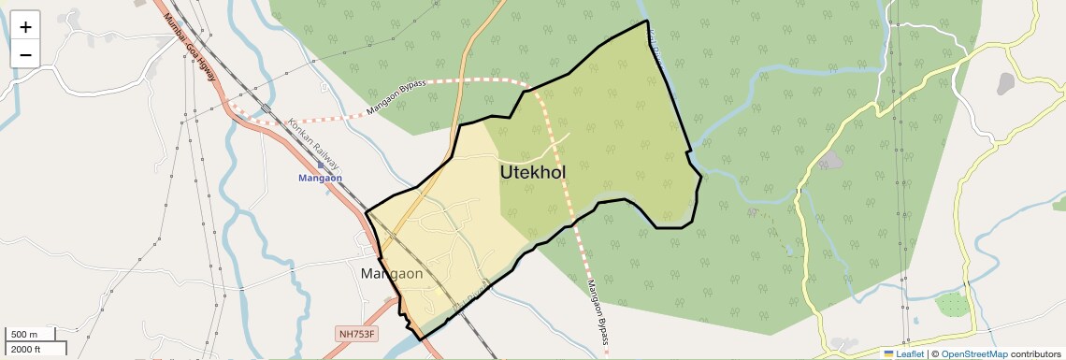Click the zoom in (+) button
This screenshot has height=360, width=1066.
click(25, 26)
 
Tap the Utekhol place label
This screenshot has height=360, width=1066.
click(532, 173)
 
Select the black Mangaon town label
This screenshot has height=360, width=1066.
click(392, 275)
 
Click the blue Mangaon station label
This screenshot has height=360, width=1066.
click(321, 177)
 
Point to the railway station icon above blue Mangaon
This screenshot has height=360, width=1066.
click(321, 165)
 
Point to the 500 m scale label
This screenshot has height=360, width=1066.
click(25, 335)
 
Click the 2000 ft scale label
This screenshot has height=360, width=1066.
click(25, 350)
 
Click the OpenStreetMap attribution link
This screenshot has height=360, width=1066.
click(973, 354)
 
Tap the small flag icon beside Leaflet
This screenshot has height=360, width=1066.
click(888, 354)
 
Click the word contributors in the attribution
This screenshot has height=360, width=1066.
click(1035, 354)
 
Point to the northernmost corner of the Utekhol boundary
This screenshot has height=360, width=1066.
click(646, 21)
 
